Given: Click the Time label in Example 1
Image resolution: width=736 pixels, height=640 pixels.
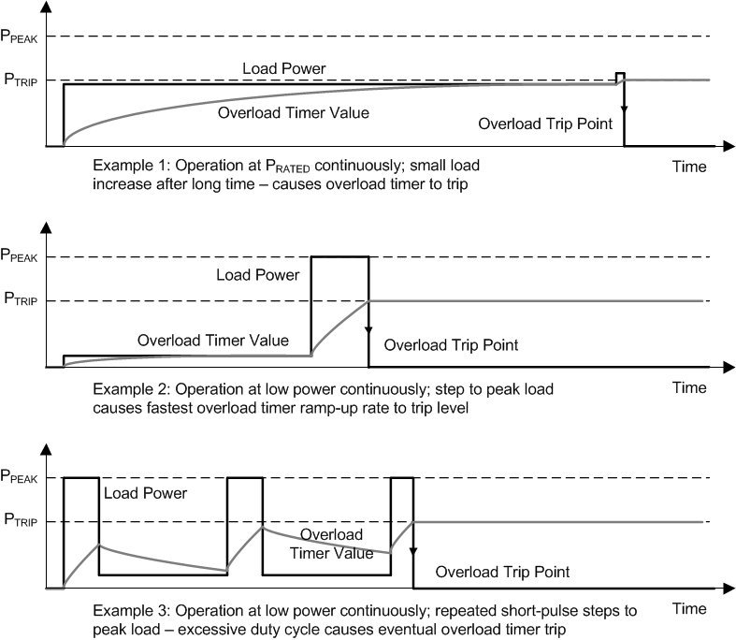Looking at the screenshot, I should coord(689,167).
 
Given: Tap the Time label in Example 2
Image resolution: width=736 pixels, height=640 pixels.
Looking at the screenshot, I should coord(689,386).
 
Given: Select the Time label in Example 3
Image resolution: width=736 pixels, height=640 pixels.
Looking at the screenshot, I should coord(689,608).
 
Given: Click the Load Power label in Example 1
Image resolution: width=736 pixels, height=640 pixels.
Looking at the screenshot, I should coord(281,68).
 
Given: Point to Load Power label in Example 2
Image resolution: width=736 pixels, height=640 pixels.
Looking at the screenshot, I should coord(257,275).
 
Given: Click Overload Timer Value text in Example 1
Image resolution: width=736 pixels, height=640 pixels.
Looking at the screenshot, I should coord(293,112).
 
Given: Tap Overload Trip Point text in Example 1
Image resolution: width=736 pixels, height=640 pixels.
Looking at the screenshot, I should coord(545,124).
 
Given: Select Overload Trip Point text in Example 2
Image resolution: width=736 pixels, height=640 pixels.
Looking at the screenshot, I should coord(452,345).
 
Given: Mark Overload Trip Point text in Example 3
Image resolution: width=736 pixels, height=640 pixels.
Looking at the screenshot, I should coord(503,570).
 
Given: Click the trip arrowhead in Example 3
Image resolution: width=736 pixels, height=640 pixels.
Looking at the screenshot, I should coord(413,552).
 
